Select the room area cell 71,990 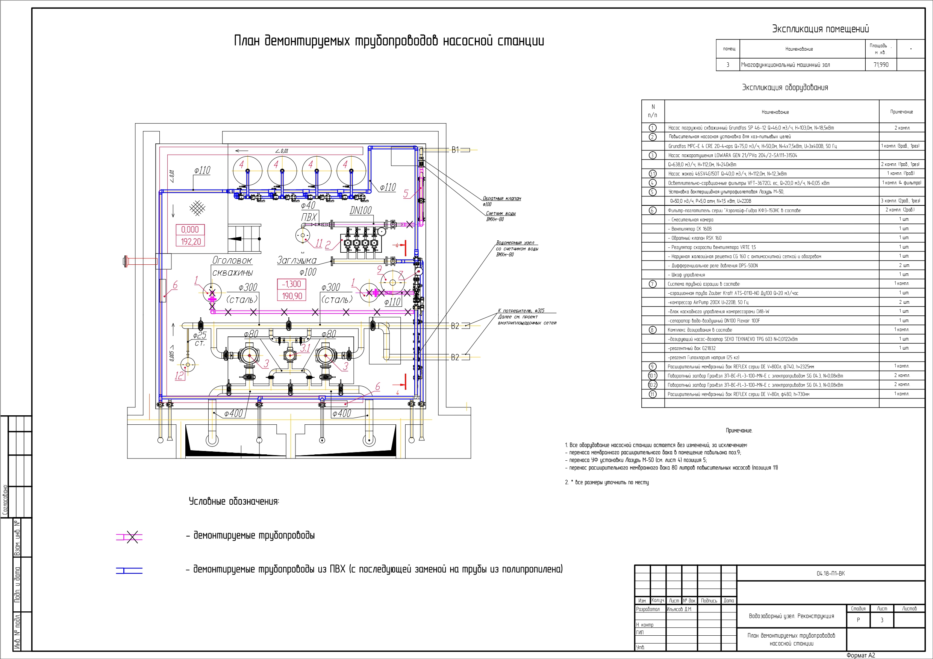click(881, 65)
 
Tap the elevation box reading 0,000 click(190, 230)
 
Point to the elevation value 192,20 click(191, 241)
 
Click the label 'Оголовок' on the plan click(232, 261)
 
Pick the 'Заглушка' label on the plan click(297, 260)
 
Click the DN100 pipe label click(360, 210)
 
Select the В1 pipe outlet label click(455, 150)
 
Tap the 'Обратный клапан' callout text click(501, 199)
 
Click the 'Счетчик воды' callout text click(501, 213)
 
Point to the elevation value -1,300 click(291, 284)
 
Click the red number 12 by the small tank click(179, 375)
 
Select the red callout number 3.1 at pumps click(305, 348)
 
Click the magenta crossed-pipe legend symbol click(132, 537)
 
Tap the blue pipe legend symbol click(129, 570)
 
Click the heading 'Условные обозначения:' click(234, 501)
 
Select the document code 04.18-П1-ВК click(831, 573)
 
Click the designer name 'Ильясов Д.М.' click(679, 609)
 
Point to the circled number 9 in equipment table click(652, 366)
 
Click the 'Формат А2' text click(860, 655)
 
